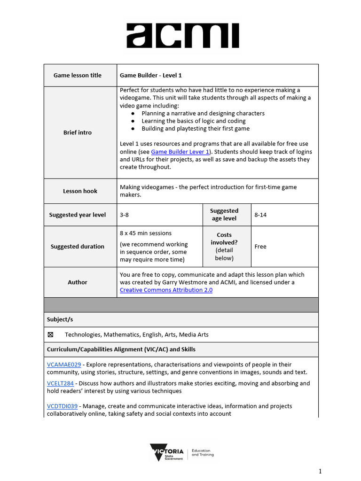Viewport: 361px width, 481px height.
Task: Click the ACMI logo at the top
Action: point(182,36)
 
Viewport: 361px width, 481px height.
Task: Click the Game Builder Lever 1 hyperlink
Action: point(180,152)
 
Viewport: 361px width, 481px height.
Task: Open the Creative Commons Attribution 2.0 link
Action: point(166,290)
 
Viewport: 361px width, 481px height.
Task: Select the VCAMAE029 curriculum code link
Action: point(64,364)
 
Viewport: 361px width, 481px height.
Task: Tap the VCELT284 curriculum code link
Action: point(60,383)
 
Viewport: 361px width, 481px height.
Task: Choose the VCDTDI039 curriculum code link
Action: point(63,406)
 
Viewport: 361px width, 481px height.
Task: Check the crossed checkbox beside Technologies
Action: point(51,334)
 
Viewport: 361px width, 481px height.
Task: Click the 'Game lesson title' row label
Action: point(78,75)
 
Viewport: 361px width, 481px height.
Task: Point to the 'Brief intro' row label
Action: point(78,132)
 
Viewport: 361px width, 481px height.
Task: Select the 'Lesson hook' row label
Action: point(80,191)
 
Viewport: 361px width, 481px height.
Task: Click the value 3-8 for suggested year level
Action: point(125,215)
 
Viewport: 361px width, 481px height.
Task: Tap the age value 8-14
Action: point(260,215)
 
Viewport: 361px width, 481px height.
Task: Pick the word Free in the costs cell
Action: point(260,247)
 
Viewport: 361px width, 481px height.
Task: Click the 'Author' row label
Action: point(78,282)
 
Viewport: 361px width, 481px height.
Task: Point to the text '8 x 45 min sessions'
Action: point(146,233)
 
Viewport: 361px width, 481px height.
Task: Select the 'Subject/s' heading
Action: point(60,319)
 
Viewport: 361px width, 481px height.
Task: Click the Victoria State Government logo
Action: point(181,452)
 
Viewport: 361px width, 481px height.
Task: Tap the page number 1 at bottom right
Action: point(320,471)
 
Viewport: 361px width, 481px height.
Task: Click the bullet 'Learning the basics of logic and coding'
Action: point(193,121)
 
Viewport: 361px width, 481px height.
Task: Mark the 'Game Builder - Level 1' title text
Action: point(150,75)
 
